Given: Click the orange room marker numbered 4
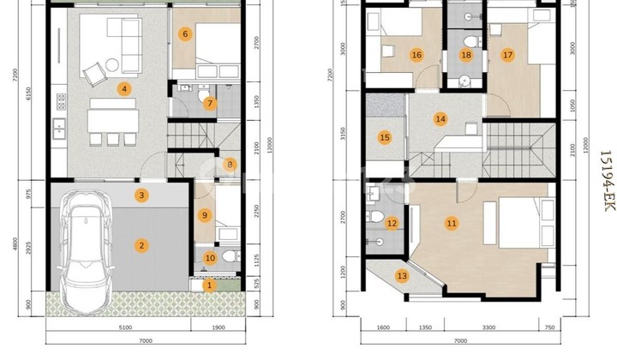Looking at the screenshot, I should pyautogui.click(x=124, y=88).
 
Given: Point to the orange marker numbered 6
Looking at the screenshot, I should pyautogui.click(x=185, y=34).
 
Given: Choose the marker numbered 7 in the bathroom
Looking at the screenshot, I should pyautogui.click(x=210, y=104).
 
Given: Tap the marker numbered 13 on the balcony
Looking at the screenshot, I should pyautogui.click(x=402, y=275).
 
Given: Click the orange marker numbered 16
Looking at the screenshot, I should pyautogui.click(x=416, y=56).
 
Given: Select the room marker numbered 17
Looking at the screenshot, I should pyautogui.click(x=507, y=56).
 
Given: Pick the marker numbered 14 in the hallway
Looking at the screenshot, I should pyautogui.click(x=440, y=119).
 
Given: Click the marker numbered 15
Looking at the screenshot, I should pyautogui.click(x=385, y=138).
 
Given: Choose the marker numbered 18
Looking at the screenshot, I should pyautogui.click(x=466, y=56).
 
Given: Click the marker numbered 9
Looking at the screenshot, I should pyautogui.click(x=204, y=215).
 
